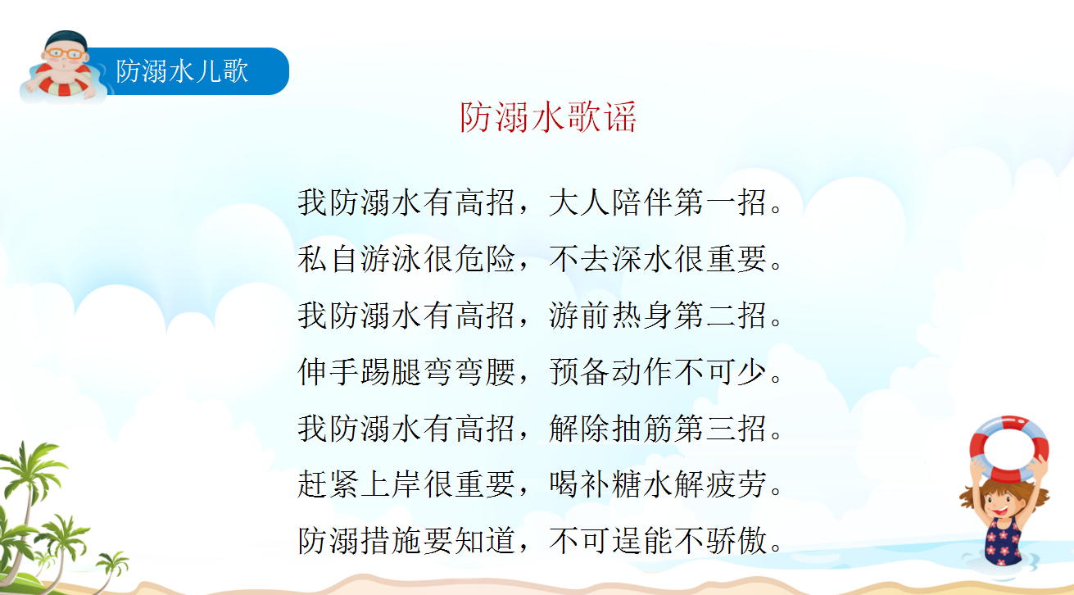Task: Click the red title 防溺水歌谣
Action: (548, 117)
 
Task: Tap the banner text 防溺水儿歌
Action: (182, 71)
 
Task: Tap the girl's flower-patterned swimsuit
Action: (1003, 540)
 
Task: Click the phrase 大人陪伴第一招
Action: (657, 202)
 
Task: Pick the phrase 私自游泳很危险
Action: (406, 259)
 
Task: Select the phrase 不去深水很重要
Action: (657, 259)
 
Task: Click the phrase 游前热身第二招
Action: (657, 316)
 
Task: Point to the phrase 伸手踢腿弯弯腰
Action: (406, 371)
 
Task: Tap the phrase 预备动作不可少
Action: (657, 371)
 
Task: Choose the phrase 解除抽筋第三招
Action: (657, 428)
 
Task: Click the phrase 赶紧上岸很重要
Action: (406, 484)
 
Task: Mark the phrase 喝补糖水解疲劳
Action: (657, 484)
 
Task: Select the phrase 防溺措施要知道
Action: (406, 541)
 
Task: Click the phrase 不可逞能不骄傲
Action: (657, 541)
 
